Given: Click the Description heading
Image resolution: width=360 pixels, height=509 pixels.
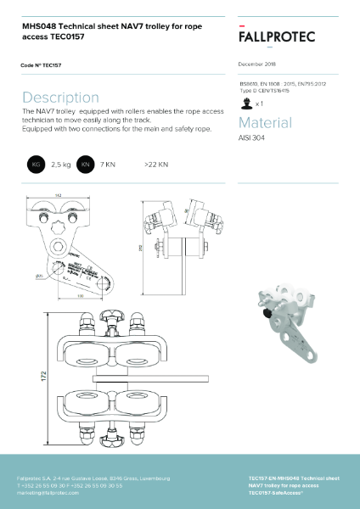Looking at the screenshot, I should tap(60, 98).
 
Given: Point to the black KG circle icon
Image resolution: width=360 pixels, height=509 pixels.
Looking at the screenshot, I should tap(36, 164).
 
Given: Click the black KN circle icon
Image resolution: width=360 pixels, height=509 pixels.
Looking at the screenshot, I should tap(85, 164).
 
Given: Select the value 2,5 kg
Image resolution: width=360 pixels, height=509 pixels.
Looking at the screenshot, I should tap(61, 164).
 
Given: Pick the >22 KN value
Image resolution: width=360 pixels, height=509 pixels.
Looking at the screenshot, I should tap(156, 164).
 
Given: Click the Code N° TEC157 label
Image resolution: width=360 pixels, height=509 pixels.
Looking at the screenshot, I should tap(40, 64).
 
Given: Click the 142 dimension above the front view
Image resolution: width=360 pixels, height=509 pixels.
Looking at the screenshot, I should tap(59, 197).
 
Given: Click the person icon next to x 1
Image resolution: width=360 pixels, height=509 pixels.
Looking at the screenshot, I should tap(247, 103).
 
